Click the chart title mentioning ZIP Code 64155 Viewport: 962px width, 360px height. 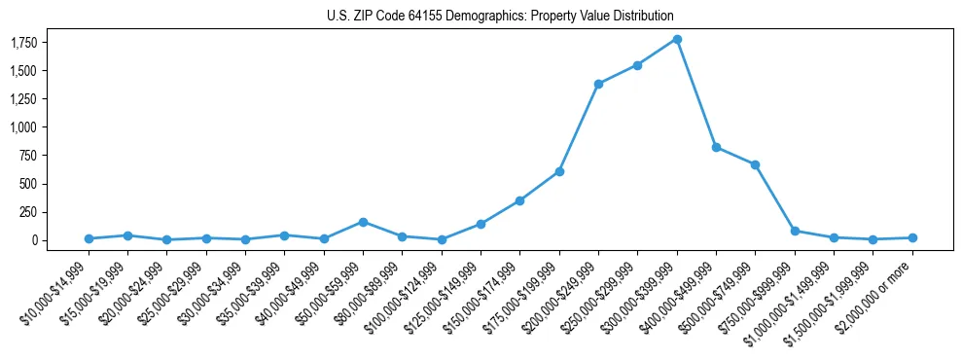(x=499, y=16)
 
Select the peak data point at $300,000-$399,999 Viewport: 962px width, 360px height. (x=677, y=39)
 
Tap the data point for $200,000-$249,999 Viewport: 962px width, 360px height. (x=598, y=84)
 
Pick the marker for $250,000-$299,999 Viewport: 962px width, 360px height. (x=637, y=65)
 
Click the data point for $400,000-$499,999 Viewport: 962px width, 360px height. (x=716, y=147)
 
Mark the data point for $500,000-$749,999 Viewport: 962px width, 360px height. (x=755, y=164)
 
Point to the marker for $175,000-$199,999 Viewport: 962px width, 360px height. (x=559, y=171)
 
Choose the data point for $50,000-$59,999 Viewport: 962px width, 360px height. (x=363, y=222)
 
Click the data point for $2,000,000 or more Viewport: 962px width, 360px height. (x=912, y=237)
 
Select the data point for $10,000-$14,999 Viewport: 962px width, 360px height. (x=89, y=238)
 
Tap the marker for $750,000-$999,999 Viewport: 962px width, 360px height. (x=795, y=231)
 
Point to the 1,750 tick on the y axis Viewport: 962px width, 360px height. (x=23, y=43)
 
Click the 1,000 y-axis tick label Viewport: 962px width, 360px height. (x=23, y=127)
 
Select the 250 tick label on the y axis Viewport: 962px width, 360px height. (x=28, y=211)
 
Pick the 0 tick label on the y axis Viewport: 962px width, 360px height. (x=33, y=239)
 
